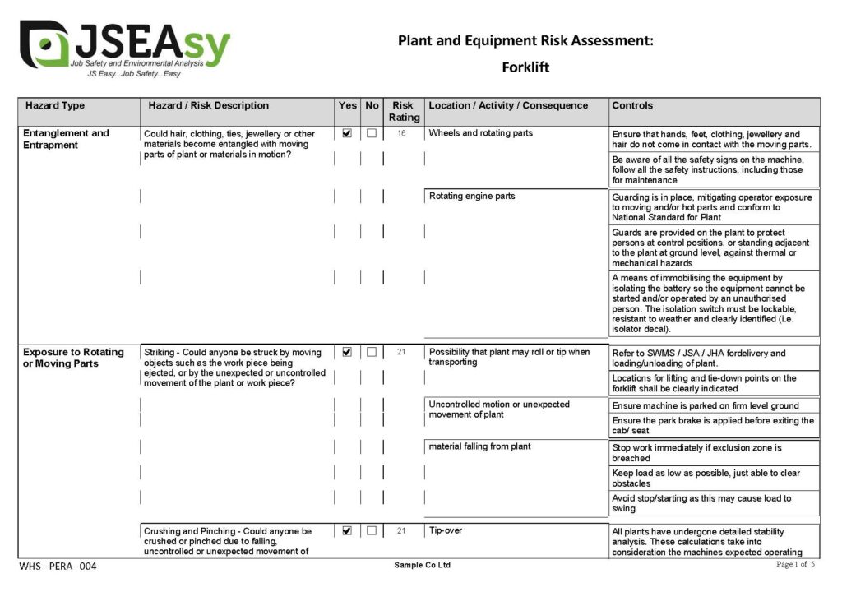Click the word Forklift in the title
click(525, 67)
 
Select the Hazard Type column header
click(55, 106)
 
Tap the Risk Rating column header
click(403, 111)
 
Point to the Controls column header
click(632, 106)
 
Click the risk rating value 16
click(402, 133)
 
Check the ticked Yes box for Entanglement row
click(347, 133)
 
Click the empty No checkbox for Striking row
click(372, 352)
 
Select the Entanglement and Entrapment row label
click(66, 139)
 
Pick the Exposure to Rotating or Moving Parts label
click(73, 358)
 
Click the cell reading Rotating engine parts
click(472, 197)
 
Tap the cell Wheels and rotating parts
click(481, 133)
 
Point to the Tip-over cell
click(446, 531)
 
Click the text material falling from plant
click(479, 447)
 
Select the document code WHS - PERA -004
click(58, 567)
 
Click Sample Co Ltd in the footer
click(422, 566)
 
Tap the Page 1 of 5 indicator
click(796, 565)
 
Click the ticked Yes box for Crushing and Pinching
click(347, 531)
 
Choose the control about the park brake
click(713, 426)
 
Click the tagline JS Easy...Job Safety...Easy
click(133, 74)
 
